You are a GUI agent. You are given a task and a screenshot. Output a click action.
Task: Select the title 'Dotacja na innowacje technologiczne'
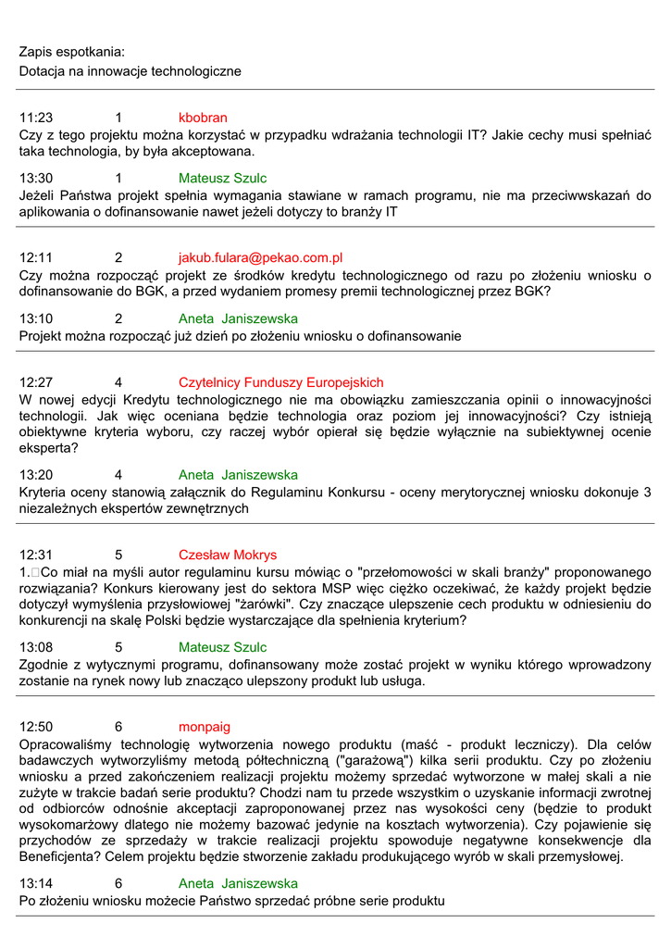pyautogui.click(x=130, y=70)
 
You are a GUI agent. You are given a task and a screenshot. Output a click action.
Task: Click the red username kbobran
pyautogui.click(x=203, y=118)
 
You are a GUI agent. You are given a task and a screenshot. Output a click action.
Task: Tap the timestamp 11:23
pyautogui.click(x=36, y=118)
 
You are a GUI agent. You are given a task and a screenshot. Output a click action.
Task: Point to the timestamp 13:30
pyautogui.click(x=36, y=178)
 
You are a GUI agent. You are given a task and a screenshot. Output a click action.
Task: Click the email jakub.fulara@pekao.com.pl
pyautogui.click(x=260, y=257)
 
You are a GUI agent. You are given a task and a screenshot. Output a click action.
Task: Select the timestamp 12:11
pyautogui.click(x=36, y=257)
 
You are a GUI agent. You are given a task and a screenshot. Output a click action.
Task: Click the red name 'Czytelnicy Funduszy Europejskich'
pyautogui.click(x=280, y=382)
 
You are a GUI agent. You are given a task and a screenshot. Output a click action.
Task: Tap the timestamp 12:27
pyautogui.click(x=36, y=382)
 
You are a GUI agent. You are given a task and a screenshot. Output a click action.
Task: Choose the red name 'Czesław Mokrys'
pyautogui.click(x=228, y=555)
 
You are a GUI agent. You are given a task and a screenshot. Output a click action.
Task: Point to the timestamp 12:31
pyautogui.click(x=36, y=555)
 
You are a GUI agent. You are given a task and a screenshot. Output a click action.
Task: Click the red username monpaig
pyautogui.click(x=205, y=727)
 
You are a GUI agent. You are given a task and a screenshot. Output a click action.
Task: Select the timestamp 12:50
pyautogui.click(x=36, y=727)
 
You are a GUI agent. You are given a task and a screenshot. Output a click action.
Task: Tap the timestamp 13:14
pyautogui.click(x=36, y=883)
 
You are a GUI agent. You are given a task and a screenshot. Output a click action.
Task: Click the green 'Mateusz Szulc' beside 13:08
pyautogui.click(x=222, y=647)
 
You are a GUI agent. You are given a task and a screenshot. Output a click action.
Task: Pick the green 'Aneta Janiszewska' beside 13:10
pyautogui.click(x=238, y=318)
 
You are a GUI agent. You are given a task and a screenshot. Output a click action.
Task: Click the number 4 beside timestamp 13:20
pyautogui.click(x=118, y=475)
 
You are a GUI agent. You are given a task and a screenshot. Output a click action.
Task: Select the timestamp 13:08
pyautogui.click(x=36, y=647)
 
